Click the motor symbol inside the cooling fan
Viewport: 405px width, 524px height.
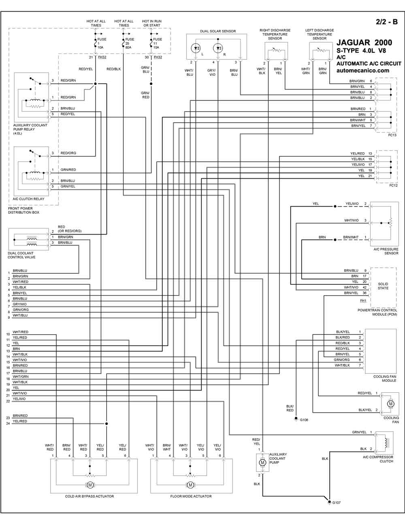(x=391, y=404)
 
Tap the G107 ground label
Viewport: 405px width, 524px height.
(x=337, y=503)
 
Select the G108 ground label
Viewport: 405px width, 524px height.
(x=304, y=420)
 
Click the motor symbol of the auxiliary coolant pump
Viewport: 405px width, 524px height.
(x=262, y=462)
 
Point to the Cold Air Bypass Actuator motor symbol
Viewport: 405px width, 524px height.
(x=90, y=485)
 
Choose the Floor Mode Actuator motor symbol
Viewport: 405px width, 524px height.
(x=190, y=485)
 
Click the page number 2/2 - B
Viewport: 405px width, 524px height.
(x=387, y=22)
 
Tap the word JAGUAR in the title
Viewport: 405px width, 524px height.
(x=354, y=43)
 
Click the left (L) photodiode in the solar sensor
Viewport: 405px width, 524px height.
(x=196, y=49)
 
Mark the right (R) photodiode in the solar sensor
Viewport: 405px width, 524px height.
(x=218, y=49)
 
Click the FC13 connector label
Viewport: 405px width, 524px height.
(x=392, y=135)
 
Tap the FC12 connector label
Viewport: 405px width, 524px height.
(x=393, y=185)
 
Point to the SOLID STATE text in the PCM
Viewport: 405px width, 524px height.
(x=383, y=286)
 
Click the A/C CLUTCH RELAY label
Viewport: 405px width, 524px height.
(x=29, y=199)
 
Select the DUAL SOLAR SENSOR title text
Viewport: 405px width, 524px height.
(x=218, y=31)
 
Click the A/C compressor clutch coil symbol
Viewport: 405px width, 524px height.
(x=386, y=443)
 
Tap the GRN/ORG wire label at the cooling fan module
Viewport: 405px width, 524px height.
(x=341, y=360)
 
